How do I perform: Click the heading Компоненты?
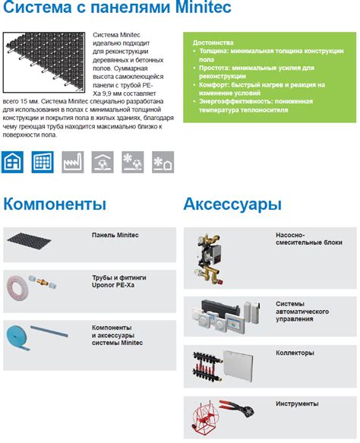click(55, 204)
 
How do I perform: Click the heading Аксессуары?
click(232, 204)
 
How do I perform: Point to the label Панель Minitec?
click(115, 236)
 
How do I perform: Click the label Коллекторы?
click(294, 353)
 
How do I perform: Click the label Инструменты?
click(297, 403)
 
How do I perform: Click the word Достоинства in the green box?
click(213, 43)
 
